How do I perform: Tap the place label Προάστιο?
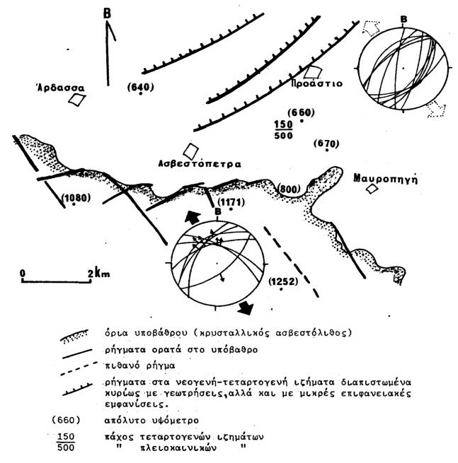click(x=316, y=83)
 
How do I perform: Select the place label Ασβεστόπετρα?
click(x=200, y=163)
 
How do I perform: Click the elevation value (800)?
click(x=288, y=188)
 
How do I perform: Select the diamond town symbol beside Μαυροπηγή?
click(x=372, y=191)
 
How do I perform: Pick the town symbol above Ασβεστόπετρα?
click(x=190, y=151)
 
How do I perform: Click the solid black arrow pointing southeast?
click(x=246, y=307)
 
